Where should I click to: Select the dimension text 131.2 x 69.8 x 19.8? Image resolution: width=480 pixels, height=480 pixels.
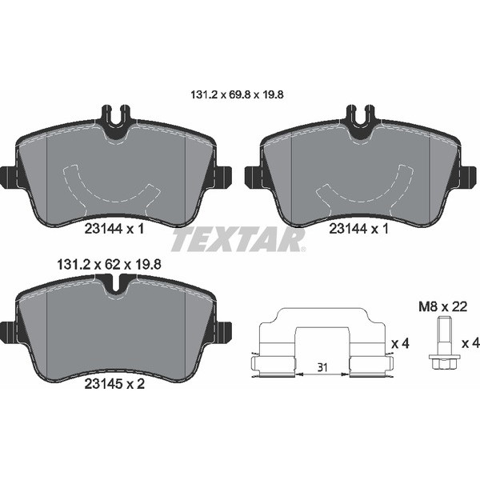click(x=238, y=94)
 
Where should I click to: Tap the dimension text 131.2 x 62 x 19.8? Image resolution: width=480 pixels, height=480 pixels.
click(x=110, y=265)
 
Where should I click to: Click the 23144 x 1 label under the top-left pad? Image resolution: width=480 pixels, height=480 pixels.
click(x=114, y=229)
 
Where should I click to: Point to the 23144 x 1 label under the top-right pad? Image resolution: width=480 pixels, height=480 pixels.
click(x=358, y=229)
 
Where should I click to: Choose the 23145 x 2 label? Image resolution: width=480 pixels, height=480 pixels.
click(x=114, y=384)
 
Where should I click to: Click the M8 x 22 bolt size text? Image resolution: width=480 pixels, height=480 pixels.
click(x=443, y=306)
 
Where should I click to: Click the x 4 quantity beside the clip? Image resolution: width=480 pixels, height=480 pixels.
click(x=401, y=343)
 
